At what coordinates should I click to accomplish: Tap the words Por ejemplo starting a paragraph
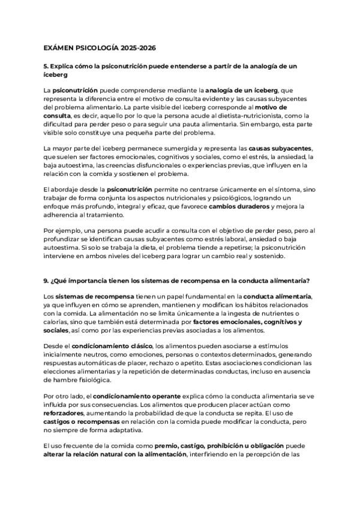click(x=62, y=231)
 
